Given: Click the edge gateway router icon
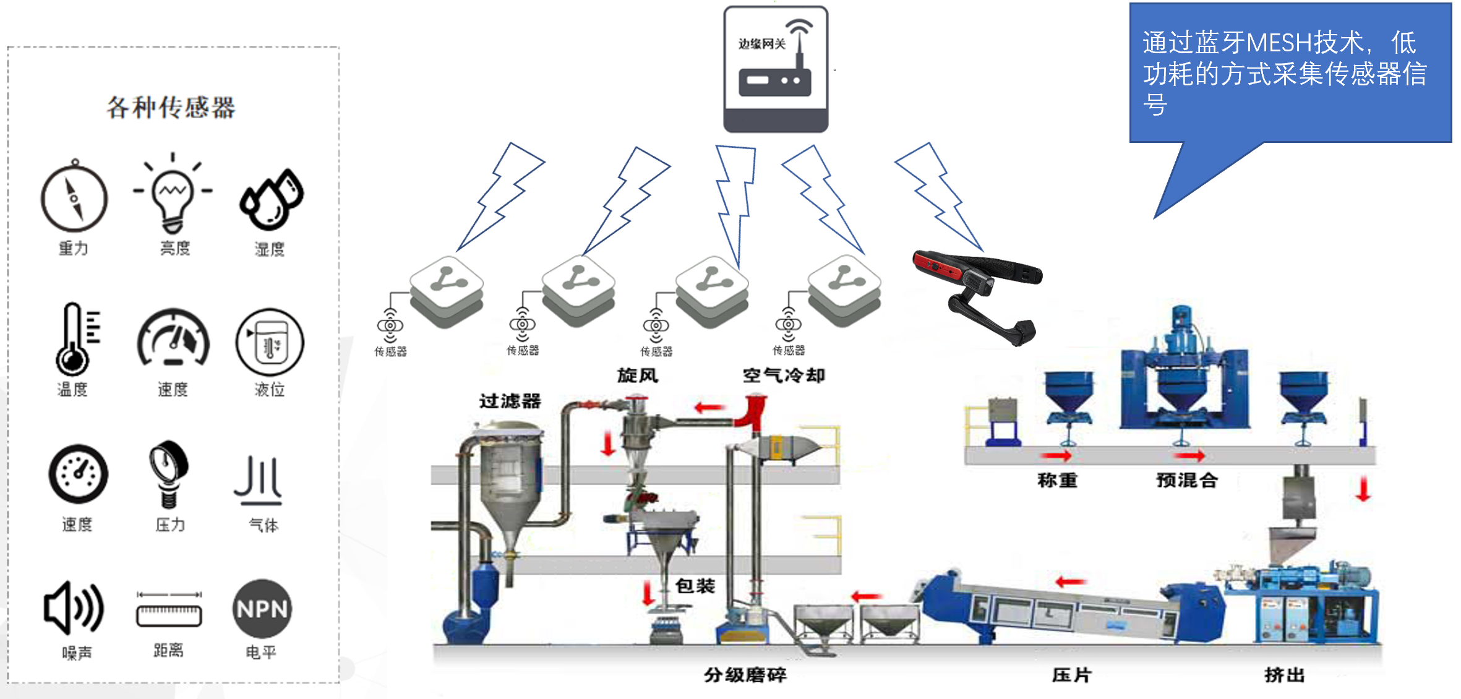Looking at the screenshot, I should [776, 69].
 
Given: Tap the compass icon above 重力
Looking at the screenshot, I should [74, 199].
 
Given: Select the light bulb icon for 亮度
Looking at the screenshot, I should [173, 192].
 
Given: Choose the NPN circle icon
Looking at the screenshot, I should [262, 609].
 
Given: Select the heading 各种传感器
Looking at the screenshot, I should [171, 108].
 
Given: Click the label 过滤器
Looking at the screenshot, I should [510, 401].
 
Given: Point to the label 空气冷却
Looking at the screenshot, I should [783, 375].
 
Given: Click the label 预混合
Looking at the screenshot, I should [1187, 480].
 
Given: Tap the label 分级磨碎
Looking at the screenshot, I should [745, 674].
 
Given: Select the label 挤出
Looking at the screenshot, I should [1284, 674].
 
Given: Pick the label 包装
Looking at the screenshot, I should [695, 585].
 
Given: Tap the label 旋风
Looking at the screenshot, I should [637, 375].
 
